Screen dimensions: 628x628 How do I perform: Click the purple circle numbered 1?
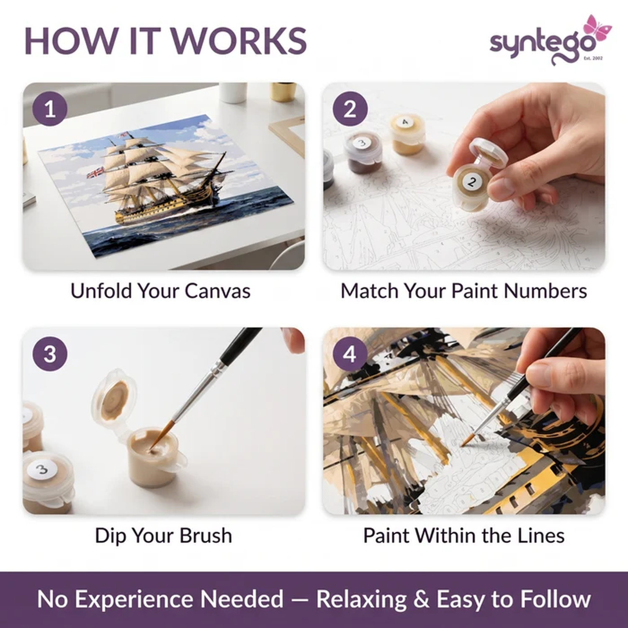tap(50, 109)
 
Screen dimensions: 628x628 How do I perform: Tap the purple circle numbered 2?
tap(350, 109)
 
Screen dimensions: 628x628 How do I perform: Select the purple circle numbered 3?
tap(50, 354)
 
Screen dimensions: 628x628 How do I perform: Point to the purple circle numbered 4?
tap(350, 354)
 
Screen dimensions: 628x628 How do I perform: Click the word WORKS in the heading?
tap(239, 41)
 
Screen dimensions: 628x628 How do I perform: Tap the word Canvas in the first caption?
tap(217, 291)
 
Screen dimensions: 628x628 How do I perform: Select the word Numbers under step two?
tap(546, 291)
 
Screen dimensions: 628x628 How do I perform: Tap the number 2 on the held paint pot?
tap(472, 181)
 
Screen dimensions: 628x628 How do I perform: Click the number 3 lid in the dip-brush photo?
tap(42, 469)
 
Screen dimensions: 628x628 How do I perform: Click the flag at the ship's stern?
tap(95, 172)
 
